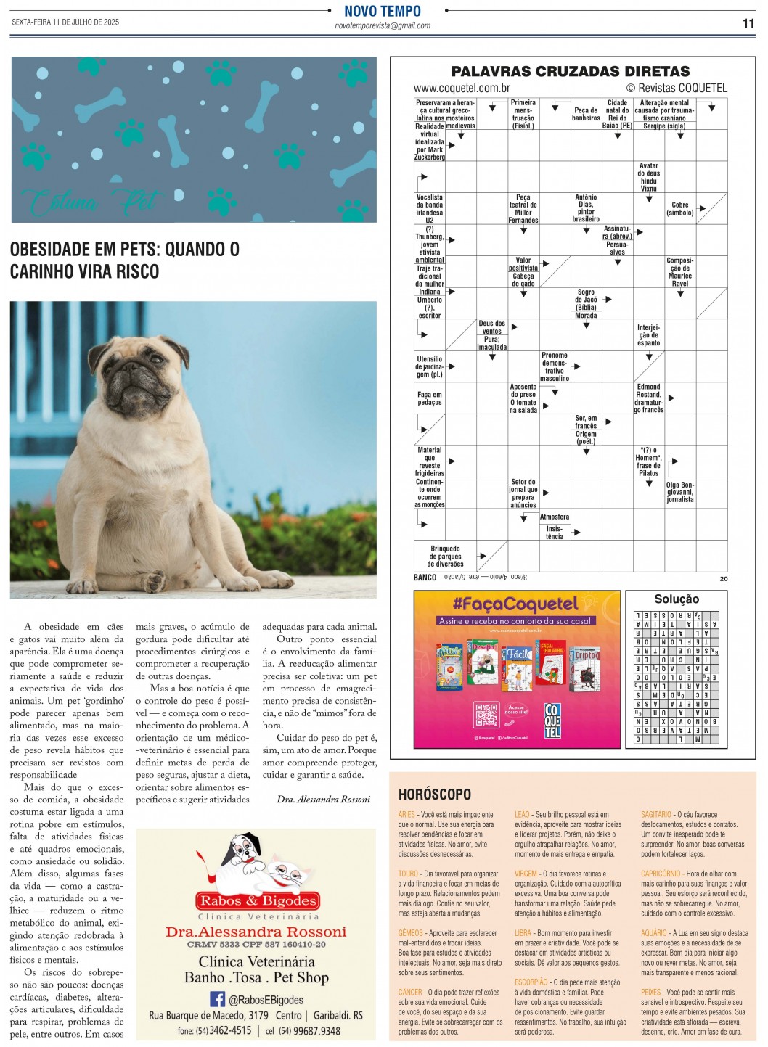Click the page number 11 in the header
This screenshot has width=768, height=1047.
coord(748,23)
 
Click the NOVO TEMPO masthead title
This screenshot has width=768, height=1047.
coord(383,11)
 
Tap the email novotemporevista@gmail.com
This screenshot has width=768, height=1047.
coord(383,25)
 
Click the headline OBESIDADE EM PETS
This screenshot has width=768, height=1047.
coord(124,260)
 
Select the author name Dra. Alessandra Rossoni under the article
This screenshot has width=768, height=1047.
coord(324,800)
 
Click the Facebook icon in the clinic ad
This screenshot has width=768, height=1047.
coord(217,999)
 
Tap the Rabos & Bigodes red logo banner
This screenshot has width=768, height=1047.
coord(257,901)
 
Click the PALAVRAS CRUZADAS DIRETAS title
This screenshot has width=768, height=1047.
coord(570,71)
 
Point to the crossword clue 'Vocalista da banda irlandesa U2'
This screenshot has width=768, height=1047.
coord(429,208)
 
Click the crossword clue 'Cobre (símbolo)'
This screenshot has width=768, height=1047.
coord(680,209)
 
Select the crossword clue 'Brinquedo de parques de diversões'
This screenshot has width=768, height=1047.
coord(445,557)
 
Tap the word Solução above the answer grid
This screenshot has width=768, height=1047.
coord(677,599)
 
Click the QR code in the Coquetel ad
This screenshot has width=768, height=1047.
coord(485,715)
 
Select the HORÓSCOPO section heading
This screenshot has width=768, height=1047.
coord(435,795)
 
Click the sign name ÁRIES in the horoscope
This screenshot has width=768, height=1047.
coord(407,815)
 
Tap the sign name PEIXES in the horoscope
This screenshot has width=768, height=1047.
coord(651,992)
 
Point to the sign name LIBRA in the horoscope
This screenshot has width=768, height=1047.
coord(523,933)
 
